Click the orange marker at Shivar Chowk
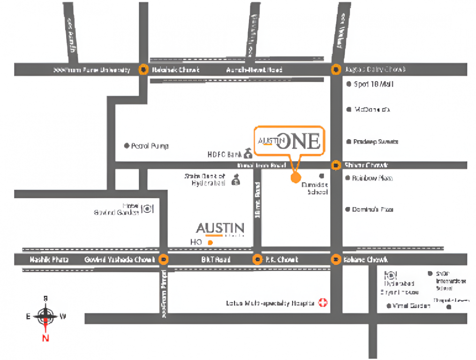pos(336,165)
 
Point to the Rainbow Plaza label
pos(372,178)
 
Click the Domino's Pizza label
pos(373,210)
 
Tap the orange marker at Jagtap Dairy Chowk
pos(336,70)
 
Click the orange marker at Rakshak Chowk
pos(143,70)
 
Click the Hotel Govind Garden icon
pos(148,209)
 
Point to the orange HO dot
pos(210,243)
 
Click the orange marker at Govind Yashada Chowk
pos(164,259)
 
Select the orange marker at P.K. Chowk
pos(257,259)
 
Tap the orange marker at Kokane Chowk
pos(336,259)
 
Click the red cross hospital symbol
pos(323,303)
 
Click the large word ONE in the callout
pos(298,142)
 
